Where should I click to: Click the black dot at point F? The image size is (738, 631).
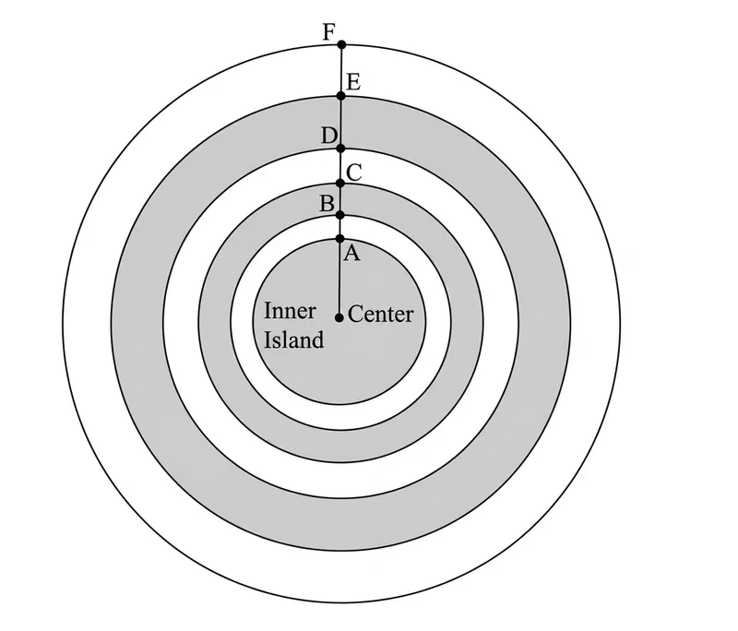pos(342,44)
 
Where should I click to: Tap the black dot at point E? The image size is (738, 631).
pos(341,96)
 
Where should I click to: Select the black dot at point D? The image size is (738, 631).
pos(341,149)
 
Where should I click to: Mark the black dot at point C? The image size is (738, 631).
pos(340,183)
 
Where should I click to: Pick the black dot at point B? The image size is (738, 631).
pos(340,216)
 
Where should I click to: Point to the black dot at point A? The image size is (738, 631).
pos(340,239)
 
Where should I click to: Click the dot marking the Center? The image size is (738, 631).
pos(339,318)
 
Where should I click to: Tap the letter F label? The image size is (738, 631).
pos(329,33)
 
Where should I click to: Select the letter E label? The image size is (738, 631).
pos(353,82)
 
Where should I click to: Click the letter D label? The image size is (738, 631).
pos(329,136)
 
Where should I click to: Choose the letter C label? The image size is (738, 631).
pos(354,173)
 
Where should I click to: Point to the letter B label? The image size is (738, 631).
pos(327,204)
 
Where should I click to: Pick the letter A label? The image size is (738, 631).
pos(352,254)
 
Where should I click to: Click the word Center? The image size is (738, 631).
pos(381,314)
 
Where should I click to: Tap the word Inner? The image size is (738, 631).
pos(290,311)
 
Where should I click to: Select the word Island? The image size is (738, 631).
pos(293,339)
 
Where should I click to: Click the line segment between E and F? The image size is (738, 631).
pos(341,71)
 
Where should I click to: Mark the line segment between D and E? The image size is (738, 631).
pos(341,123)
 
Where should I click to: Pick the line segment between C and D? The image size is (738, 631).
pos(341,166)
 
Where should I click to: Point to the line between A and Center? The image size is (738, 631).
pos(339,279)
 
